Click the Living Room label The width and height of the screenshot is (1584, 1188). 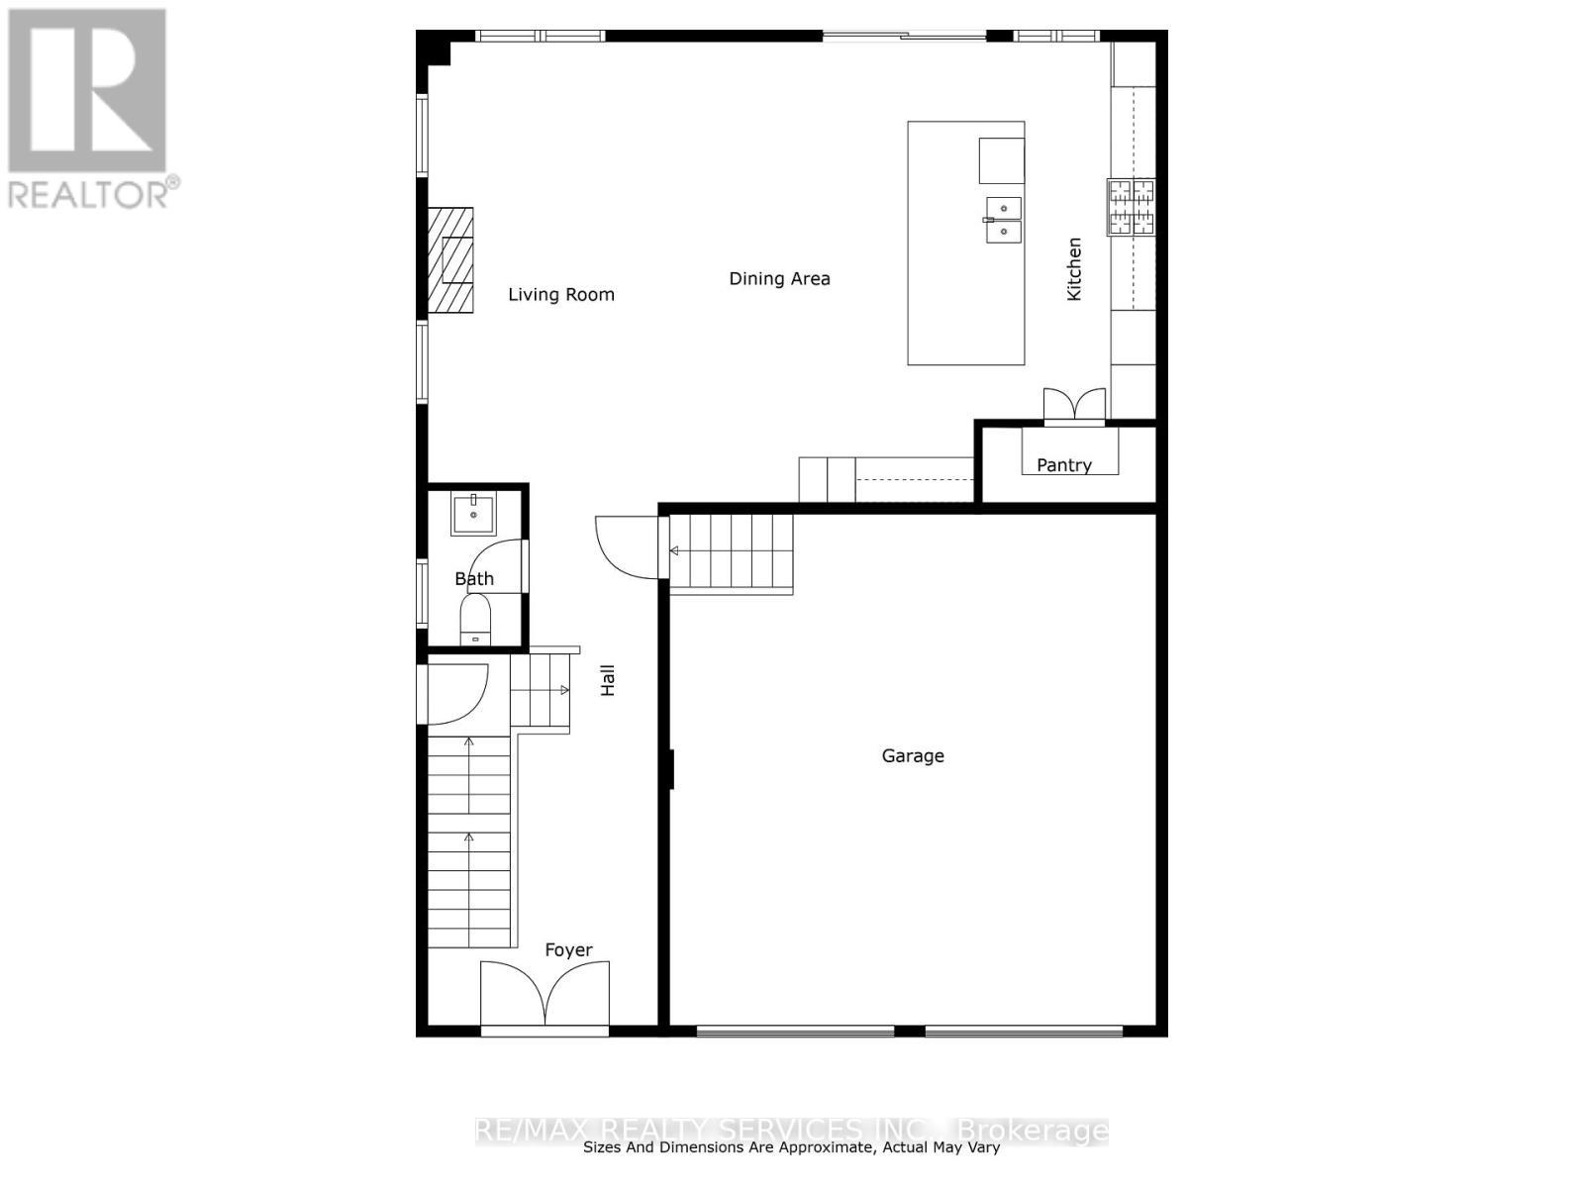click(561, 295)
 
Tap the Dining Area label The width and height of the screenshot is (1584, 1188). click(779, 279)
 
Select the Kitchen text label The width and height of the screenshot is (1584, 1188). click(1074, 269)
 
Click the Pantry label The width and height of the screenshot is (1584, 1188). click(1064, 465)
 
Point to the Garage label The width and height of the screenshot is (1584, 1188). click(913, 756)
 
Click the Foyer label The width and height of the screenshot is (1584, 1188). click(568, 950)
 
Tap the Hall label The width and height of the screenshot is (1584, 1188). click(608, 680)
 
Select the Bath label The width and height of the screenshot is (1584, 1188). click(474, 579)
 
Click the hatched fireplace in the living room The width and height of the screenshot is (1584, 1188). click(450, 260)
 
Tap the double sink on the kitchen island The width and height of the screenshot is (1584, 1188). click(1003, 220)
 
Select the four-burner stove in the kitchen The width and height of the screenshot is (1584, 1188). click(1132, 207)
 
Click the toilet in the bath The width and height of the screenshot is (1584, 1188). click(475, 620)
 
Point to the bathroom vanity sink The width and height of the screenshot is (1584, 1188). click(474, 514)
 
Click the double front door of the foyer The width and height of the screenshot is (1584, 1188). click(544, 995)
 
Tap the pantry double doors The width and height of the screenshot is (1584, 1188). click(1074, 406)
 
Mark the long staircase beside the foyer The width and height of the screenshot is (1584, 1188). click(469, 841)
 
